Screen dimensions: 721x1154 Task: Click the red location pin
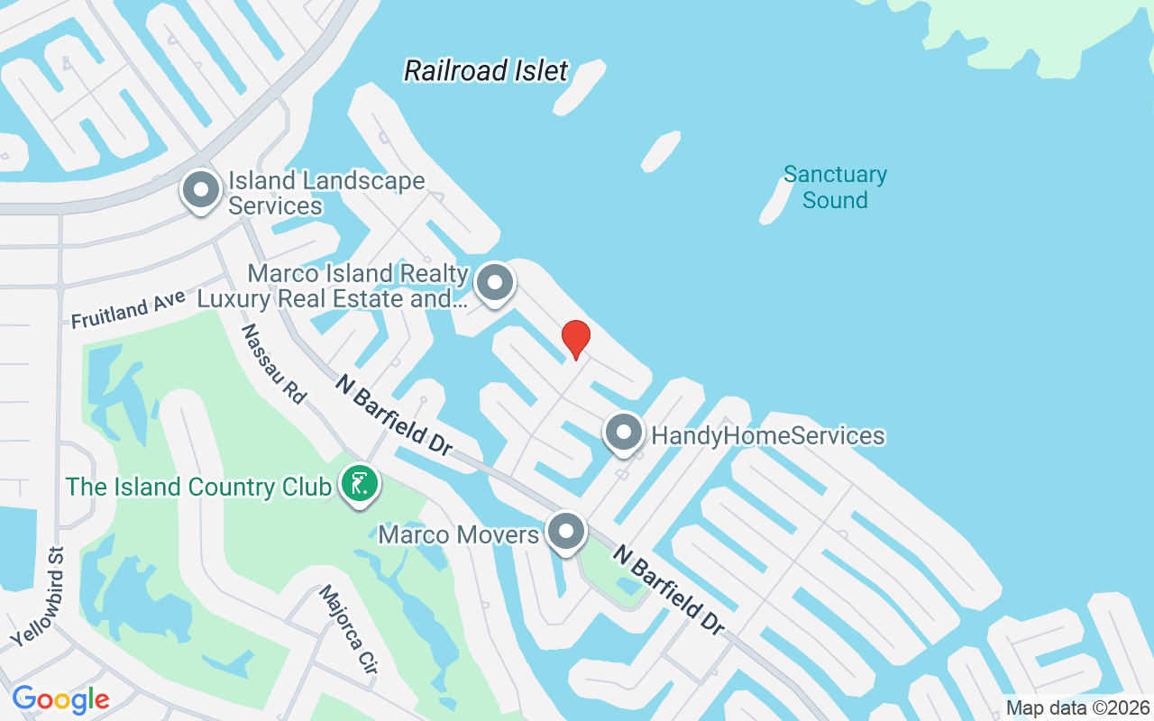pos(575,339)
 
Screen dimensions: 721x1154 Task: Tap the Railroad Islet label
pos(486,70)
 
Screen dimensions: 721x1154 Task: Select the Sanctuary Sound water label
pos(835,187)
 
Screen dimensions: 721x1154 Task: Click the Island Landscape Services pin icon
pos(201,191)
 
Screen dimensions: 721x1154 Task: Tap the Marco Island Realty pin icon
pos(494,283)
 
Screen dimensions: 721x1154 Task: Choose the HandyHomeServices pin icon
pos(623,434)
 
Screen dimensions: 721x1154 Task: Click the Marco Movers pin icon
pos(566,532)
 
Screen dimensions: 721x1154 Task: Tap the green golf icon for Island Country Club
pos(360,486)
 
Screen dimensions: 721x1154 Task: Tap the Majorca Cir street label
pos(348,630)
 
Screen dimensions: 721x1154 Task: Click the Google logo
pos(60,699)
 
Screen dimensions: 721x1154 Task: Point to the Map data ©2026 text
pos(1078,707)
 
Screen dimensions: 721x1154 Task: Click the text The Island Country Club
pos(198,488)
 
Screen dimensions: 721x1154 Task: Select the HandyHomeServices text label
pos(768,436)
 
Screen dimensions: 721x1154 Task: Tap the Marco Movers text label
pos(458,534)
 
